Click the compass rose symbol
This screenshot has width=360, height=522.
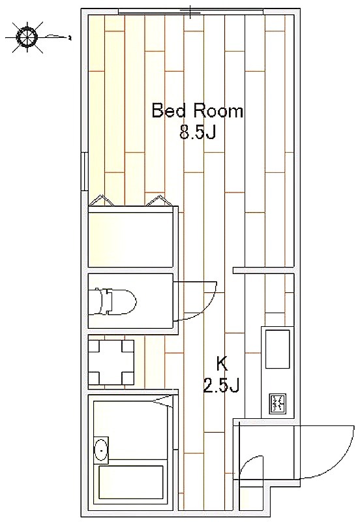pyautogui.click(x=27, y=37)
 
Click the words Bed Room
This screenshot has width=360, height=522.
pyautogui.click(x=198, y=111)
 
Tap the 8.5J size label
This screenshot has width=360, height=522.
pyautogui.click(x=198, y=133)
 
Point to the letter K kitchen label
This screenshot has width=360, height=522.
pyautogui.click(x=222, y=364)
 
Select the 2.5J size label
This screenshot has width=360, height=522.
pyautogui.click(x=221, y=386)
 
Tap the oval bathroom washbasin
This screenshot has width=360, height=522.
pyautogui.click(x=101, y=450)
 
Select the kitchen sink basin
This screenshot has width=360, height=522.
pyautogui.click(x=277, y=349)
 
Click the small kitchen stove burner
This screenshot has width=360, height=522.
pyautogui.click(x=277, y=404)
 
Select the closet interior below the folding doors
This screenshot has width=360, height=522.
pyautogui.click(x=130, y=236)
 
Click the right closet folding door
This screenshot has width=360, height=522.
pyautogui.click(x=158, y=200)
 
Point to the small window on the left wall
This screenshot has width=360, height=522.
pyautogui.click(x=85, y=172)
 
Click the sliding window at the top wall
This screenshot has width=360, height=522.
pyautogui.click(x=190, y=12)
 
